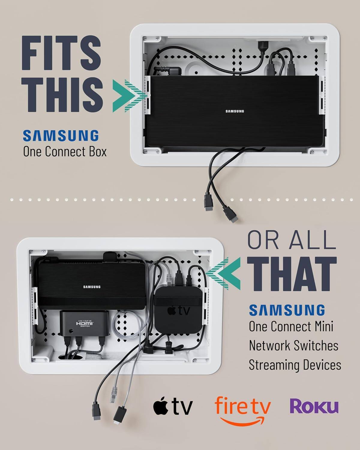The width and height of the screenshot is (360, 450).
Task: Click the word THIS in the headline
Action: point(63,92)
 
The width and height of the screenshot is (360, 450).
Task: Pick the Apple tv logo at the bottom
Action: point(173,406)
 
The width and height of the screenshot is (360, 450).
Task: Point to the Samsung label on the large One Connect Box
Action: point(235,111)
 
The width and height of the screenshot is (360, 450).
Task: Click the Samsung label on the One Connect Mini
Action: point(92,287)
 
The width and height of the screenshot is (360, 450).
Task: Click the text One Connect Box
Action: point(65,152)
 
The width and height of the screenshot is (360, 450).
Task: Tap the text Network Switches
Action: point(293,346)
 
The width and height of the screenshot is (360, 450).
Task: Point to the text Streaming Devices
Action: point(295,365)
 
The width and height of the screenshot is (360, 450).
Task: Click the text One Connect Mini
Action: point(291,326)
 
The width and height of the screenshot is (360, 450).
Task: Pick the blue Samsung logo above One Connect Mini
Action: point(287,310)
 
